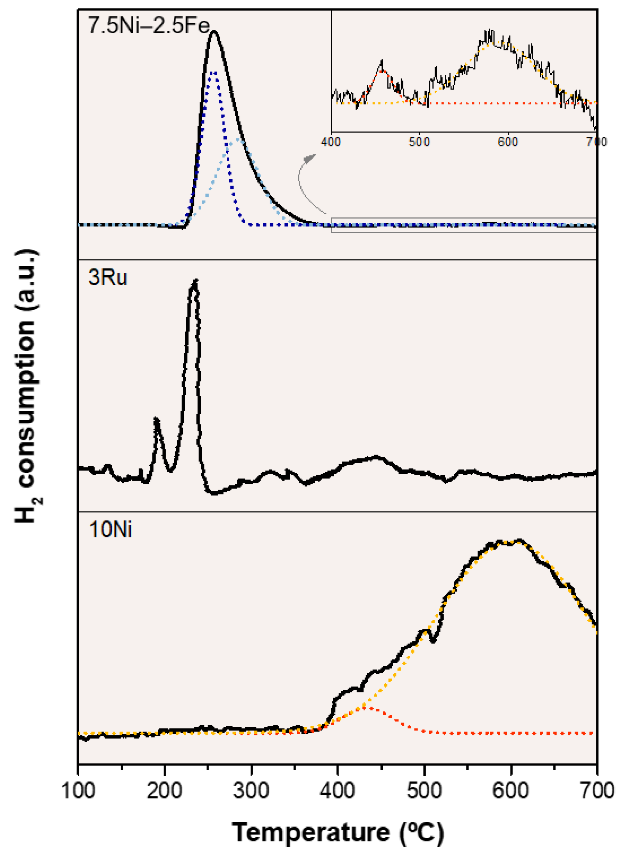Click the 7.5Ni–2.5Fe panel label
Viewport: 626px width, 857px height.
(x=148, y=26)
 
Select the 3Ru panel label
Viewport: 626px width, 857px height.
(x=108, y=277)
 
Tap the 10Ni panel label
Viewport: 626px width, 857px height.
(x=111, y=530)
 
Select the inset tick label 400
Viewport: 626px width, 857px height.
(x=331, y=142)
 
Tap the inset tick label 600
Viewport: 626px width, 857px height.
(x=508, y=142)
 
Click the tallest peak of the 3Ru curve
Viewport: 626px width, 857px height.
(x=195, y=282)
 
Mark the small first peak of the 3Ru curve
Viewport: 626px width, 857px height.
(x=156, y=420)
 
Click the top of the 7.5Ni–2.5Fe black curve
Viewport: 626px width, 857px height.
(x=214, y=32)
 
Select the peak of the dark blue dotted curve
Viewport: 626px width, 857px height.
(x=213, y=73)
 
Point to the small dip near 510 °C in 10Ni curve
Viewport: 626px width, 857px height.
(x=432, y=640)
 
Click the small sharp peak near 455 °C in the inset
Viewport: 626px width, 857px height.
(x=382, y=61)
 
